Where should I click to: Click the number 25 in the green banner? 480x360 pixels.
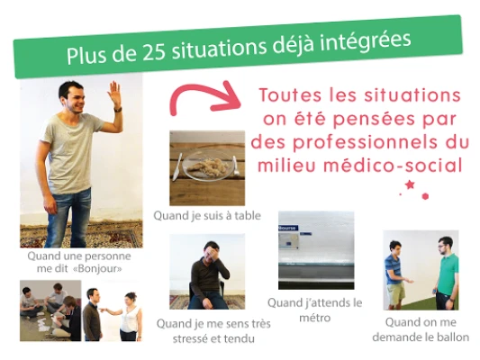153,51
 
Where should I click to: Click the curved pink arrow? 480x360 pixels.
204,98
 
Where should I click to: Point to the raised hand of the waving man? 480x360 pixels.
115,93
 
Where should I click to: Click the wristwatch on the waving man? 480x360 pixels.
118,109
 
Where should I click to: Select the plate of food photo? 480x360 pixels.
207,168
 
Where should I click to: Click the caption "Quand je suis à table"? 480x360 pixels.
207,216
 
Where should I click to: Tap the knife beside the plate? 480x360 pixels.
177,167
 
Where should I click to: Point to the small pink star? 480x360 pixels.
409,184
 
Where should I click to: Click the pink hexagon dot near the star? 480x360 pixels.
425,196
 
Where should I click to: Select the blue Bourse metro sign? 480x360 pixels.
288,229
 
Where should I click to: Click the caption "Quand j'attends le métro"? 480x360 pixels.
314,310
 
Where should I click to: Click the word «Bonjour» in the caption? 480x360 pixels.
97,269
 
